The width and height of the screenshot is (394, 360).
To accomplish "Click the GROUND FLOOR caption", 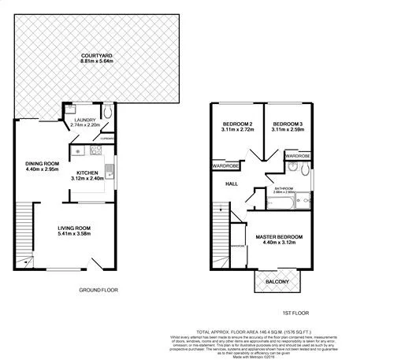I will point(98,290).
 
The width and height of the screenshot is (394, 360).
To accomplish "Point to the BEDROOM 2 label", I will point(236,124).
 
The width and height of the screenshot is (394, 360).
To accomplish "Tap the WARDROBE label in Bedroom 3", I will point(297,156).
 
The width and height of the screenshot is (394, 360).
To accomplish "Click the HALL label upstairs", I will point(232,184).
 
